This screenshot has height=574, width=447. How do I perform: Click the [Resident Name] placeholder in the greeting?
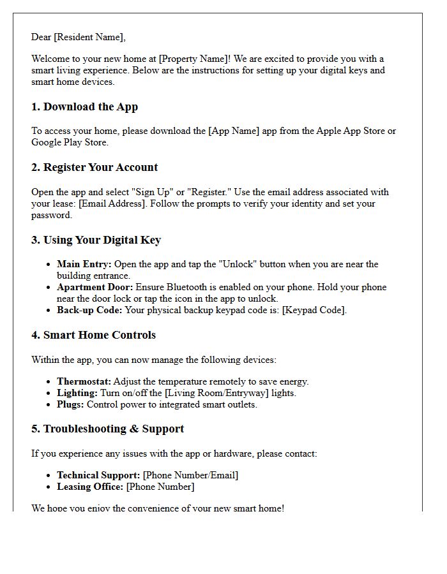click(89, 37)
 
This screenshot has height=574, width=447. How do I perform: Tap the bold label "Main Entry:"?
click(84, 264)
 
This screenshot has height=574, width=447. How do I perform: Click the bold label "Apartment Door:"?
click(95, 287)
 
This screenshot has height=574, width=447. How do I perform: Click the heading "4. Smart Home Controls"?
click(93, 335)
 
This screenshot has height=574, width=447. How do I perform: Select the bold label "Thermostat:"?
click(84, 381)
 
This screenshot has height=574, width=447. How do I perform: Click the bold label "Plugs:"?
click(70, 404)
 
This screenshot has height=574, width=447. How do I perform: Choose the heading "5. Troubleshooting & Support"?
click(107, 429)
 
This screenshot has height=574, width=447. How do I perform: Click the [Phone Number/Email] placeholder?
click(190, 475)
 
